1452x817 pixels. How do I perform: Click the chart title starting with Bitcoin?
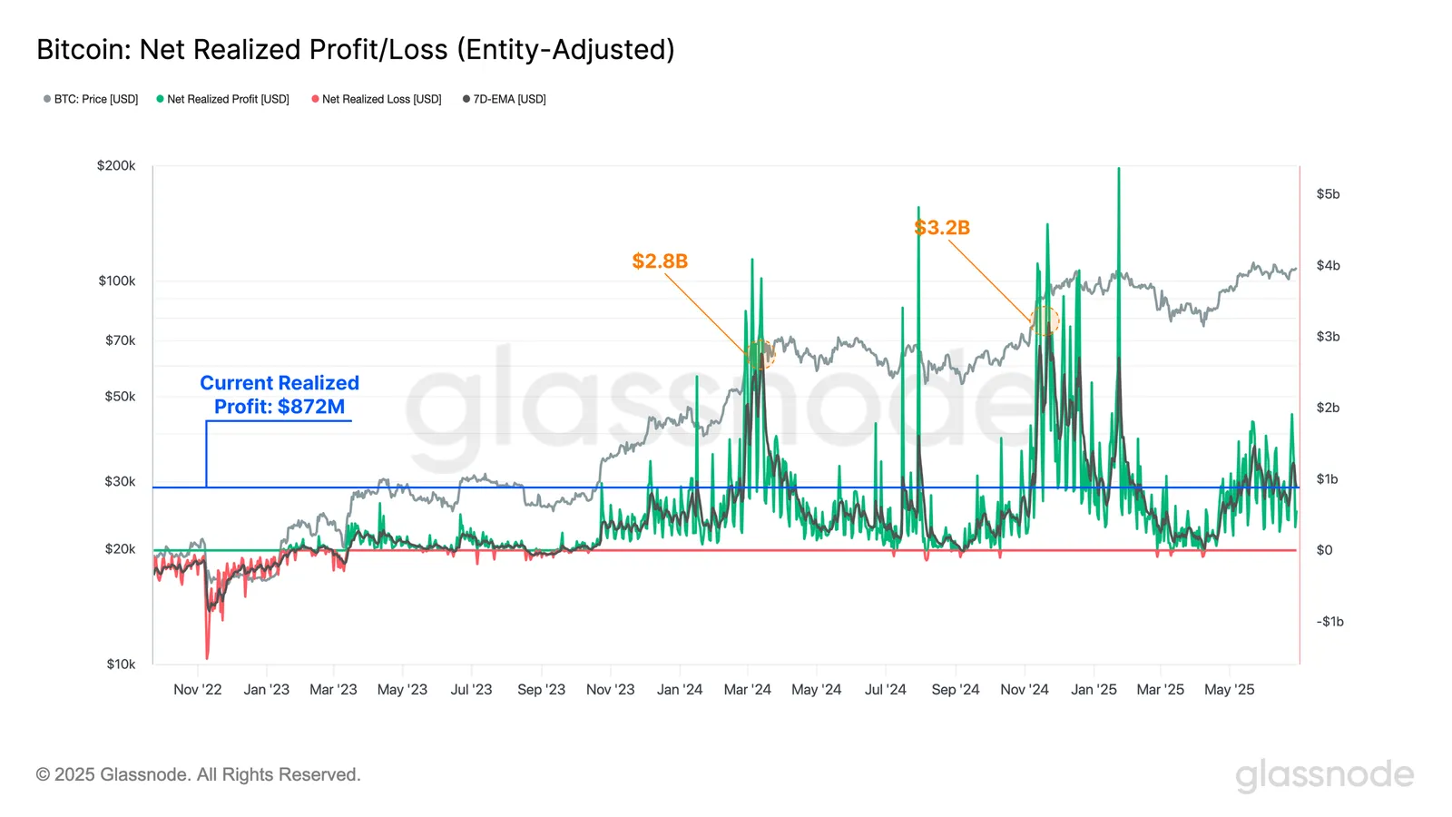click(355, 49)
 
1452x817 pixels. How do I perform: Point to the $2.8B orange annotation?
click(660, 261)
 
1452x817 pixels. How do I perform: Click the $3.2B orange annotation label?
click(942, 228)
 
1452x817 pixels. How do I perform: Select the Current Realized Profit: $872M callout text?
click(280, 395)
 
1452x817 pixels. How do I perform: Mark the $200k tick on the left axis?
click(116, 166)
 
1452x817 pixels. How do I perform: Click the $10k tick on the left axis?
click(121, 664)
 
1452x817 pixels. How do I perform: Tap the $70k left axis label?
click(120, 340)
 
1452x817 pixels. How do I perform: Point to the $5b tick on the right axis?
click(1328, 194)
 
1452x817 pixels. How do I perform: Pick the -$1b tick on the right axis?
click(1329, 622)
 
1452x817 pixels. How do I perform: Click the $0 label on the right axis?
click(1324, 550)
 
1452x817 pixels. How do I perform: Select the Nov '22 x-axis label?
click(197, 690)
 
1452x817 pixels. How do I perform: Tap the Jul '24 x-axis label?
click(885, 690)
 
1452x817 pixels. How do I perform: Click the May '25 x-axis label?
click(1229, 690)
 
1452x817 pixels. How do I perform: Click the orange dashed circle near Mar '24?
click(760, 354)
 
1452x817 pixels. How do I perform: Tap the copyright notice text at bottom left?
click(198, 774)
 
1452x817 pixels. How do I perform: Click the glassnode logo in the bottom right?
click(1324, 775)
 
